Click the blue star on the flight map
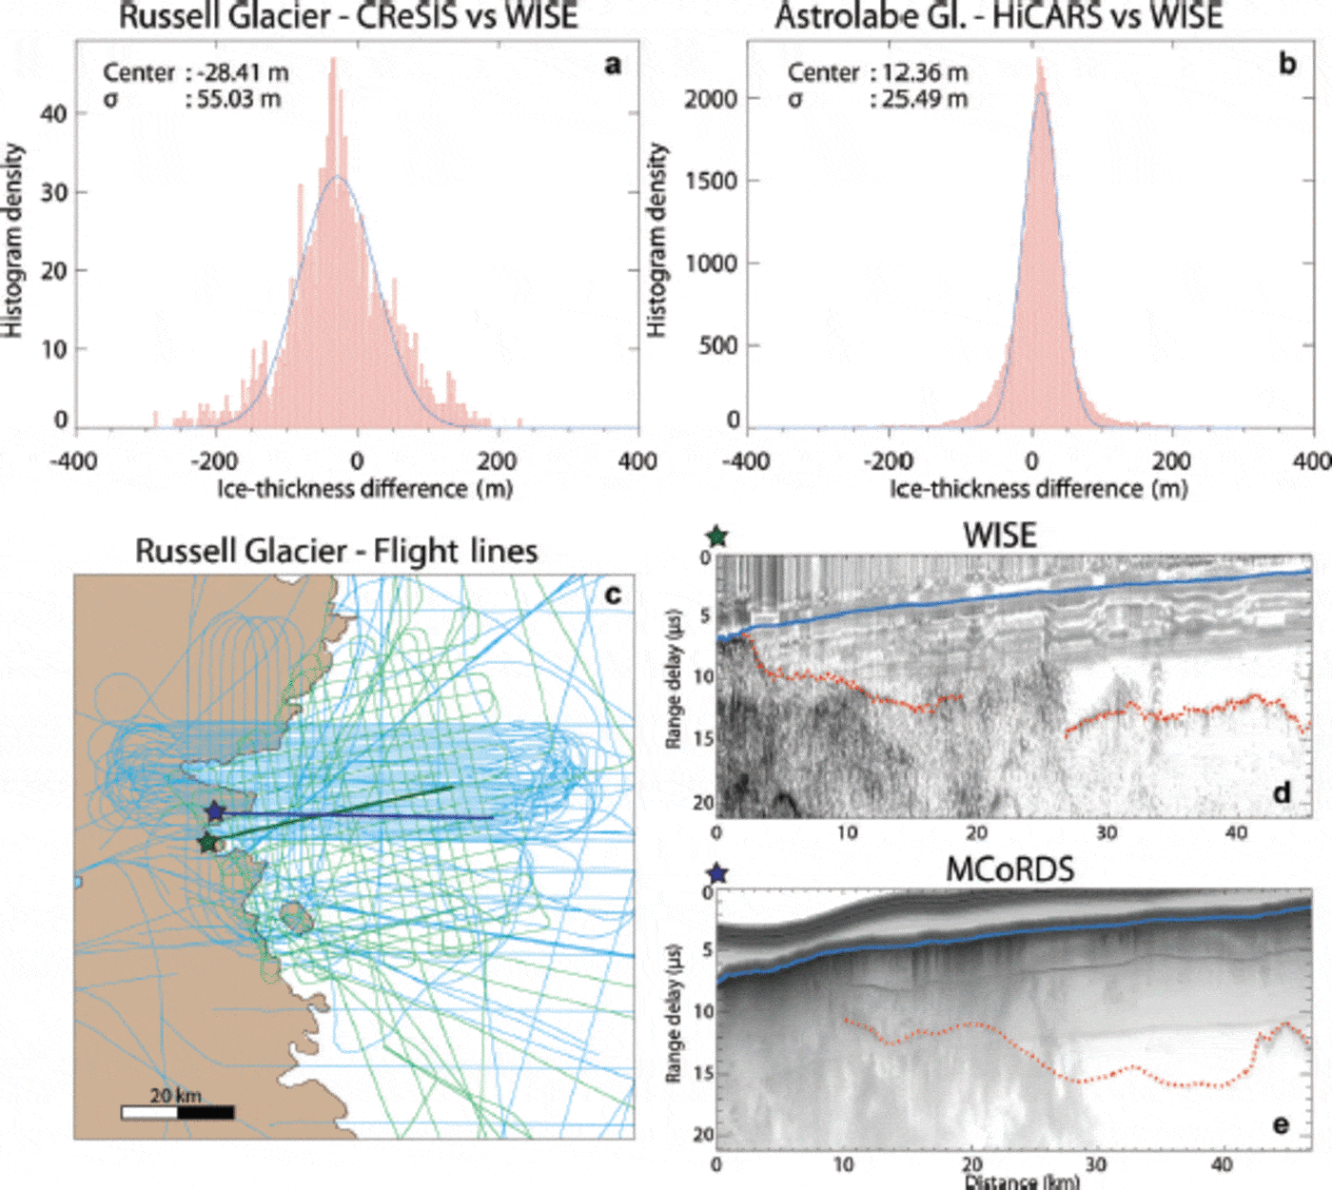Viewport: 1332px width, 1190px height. coord(215,811)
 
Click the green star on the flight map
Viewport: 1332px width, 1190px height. coord(206,842)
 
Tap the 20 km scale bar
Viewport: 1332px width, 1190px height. coord(177,1111)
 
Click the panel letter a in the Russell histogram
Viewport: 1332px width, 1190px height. coord(613,65)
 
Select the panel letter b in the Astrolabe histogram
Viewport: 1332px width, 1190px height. coord(1287,65)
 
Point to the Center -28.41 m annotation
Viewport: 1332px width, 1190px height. coord(195,72)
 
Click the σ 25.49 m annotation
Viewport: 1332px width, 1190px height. coord(876,99)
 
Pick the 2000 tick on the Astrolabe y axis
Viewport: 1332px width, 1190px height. coord(711,99)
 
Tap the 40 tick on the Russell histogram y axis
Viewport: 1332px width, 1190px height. coord(53,114)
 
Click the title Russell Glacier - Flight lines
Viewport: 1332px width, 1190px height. coord(336,551)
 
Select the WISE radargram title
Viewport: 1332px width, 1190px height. coord(999,536)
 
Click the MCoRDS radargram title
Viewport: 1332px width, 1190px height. coord(1009,869)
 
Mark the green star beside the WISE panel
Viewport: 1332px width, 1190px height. coord(716,536)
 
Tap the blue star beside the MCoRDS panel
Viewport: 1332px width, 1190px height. coord(717,872)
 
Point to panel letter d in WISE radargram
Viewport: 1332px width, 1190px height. coord(1282,792)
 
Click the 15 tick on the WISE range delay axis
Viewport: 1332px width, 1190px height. coord(703,739)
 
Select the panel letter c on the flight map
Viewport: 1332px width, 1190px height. coord(613,595)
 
